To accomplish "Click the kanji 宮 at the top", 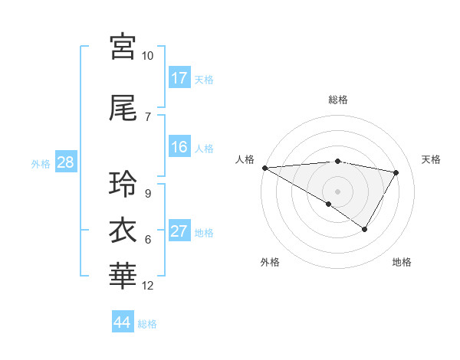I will tap(123, 47).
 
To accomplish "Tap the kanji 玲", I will tap(123, 184).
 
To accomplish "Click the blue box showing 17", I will tap(179, 78).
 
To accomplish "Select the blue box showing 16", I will tap(179, 148).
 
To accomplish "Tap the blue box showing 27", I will tap(179, 232).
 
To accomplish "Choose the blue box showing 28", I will tap(65, 162).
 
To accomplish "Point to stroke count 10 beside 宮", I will tap(148, 56).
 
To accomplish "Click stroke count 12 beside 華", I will tap(148, 286).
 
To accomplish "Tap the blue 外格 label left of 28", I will tap(41, 163).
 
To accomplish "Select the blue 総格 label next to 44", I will tap(147, 323).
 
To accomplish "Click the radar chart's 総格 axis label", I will tap(338, 100).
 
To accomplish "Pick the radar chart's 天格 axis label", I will tap(432, 159).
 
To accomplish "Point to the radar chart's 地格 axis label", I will tap(402, 262).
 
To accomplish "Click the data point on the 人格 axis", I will tap(264, 168).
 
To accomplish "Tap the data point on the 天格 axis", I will tap(396, 172).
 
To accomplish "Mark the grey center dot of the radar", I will tap(338, 191).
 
